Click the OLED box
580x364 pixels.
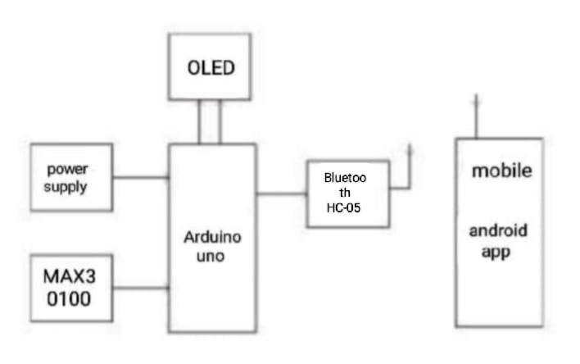[x=209, y=66]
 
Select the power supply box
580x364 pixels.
[x=71, y=177]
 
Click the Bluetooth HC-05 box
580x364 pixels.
[x=347, y=193]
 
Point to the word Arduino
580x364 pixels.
[x=212, y=238]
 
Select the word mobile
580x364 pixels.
[x=501, y=171]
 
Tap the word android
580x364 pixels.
[x=497, y=230]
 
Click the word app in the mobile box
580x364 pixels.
[x=496, y=252]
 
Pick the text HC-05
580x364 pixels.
[x=343, y=208]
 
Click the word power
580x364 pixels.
[x=67, y=169]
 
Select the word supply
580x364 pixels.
[x=67, y=186]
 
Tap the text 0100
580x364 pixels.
[x=68, y=299]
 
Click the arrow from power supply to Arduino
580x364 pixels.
[x=141, y=176]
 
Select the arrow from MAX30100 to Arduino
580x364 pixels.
[x=141, y=288]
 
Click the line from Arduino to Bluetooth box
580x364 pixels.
[x=281, y=194]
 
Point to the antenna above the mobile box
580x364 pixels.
[x=476, y=115]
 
